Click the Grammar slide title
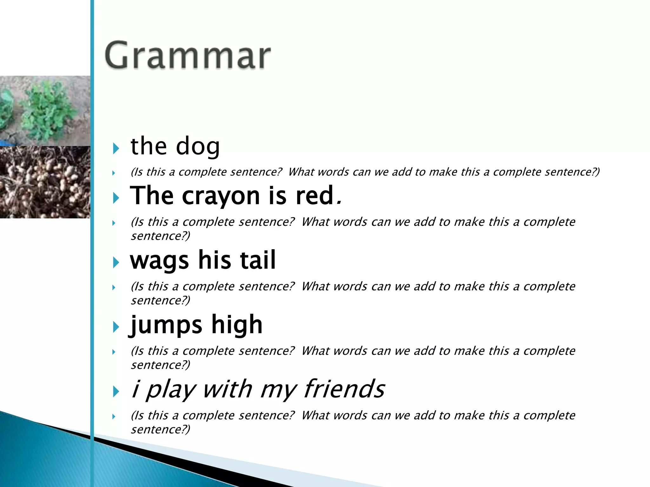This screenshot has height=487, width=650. coord(187,55)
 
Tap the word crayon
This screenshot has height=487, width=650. coord(221,196)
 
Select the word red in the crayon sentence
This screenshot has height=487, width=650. coord(314,196)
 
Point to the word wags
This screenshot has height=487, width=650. coord(159,261)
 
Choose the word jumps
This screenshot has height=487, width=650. coord(166,325)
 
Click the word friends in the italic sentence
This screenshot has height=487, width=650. coord(344,389)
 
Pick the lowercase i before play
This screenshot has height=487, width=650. coord(136,389)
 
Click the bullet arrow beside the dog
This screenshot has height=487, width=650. coord(116,148)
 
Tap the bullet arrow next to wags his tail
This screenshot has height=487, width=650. coord(116,263)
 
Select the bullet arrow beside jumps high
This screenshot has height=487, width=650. coord(116,327)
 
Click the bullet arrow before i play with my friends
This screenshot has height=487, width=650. coord(116,392)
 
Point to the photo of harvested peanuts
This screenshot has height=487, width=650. coord(45,182)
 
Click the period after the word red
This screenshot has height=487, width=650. coord(339,202)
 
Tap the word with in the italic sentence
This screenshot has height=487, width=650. coord(227,389)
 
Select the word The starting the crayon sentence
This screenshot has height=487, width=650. coord(152,196)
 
